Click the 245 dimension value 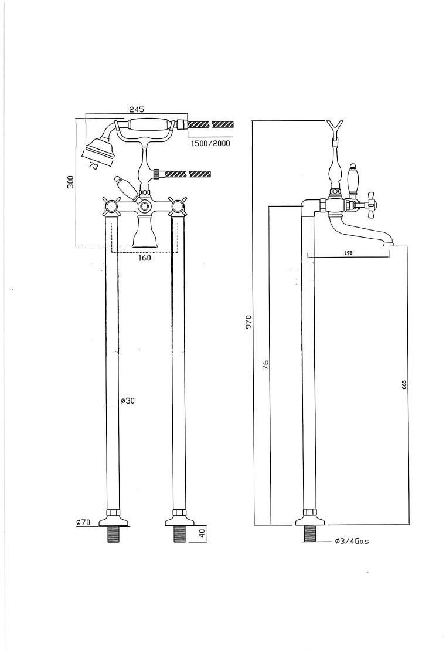[137, 109]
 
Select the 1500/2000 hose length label [210, 143]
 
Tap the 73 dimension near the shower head [93, 167]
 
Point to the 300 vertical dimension [70, 182]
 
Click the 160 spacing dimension [145, 258]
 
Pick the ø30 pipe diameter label [128, 401]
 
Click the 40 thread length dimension [202, 533]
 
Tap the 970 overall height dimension [248, 322]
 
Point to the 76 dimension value [265, 364]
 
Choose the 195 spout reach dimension [348, 252]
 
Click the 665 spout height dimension [404, 384]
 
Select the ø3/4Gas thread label [352, 542]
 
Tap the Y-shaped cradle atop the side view [335, 126]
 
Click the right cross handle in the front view [178, 205]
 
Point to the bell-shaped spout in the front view [144, 234]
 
